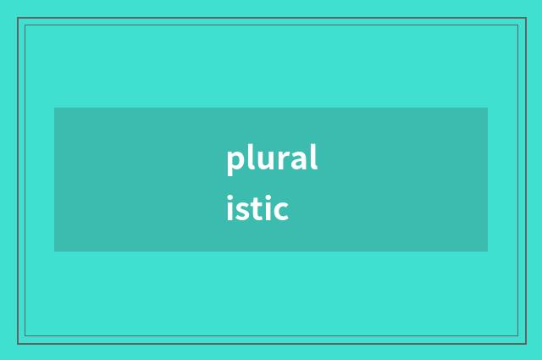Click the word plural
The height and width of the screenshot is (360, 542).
272,160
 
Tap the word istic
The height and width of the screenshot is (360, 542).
257,208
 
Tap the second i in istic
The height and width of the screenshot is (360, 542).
268,208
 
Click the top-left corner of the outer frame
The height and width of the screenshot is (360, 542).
18,18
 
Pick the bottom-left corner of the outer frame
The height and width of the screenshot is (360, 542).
18,343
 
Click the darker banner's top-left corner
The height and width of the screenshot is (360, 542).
54,108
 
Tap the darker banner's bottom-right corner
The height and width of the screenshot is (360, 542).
488,252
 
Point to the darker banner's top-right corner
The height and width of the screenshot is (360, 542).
488,108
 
